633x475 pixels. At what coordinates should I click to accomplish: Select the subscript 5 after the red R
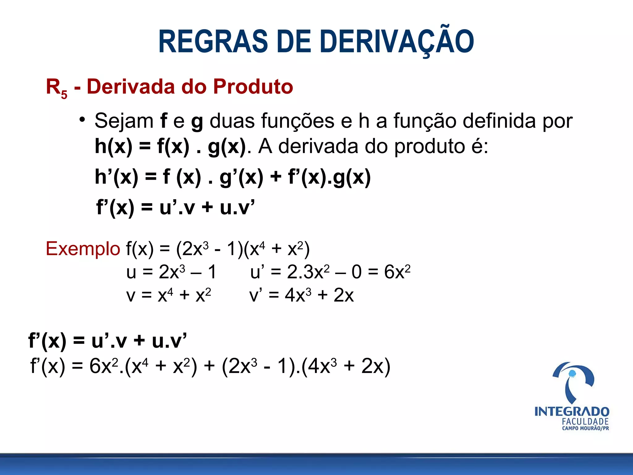point(64,94)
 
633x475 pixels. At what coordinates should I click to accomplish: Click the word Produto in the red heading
point(253,86)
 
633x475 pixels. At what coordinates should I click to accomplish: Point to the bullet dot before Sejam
point(82,120)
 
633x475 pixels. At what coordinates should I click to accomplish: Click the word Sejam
point(124,121)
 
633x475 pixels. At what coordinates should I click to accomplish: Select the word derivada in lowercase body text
point(318,146)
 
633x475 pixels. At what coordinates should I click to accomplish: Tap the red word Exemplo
point(83,249)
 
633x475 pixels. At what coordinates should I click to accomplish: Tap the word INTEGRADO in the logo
point(572,412)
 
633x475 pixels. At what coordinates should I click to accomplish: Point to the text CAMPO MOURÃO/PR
point(585,429)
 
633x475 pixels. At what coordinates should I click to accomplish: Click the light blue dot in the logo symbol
point(572,374)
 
